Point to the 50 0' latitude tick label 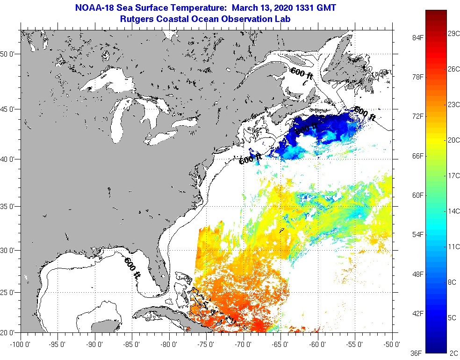click(9, 54)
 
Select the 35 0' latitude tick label click(9, 206)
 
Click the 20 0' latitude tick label click(9, 332)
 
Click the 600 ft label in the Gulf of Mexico click(132, 267)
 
